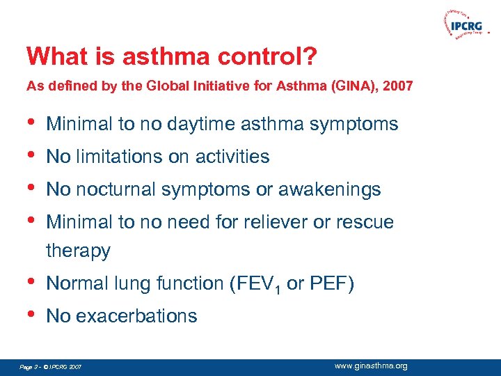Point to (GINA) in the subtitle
pyautogui.click(x=351, y=87)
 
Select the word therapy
pyautogui.click(x=78, y=251)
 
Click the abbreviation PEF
pyautogui.click(x=325, y=284)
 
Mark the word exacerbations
pyautogui.click(x=136, y=316)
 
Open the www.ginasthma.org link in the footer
pyautogui.click(x=371, y=366)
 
